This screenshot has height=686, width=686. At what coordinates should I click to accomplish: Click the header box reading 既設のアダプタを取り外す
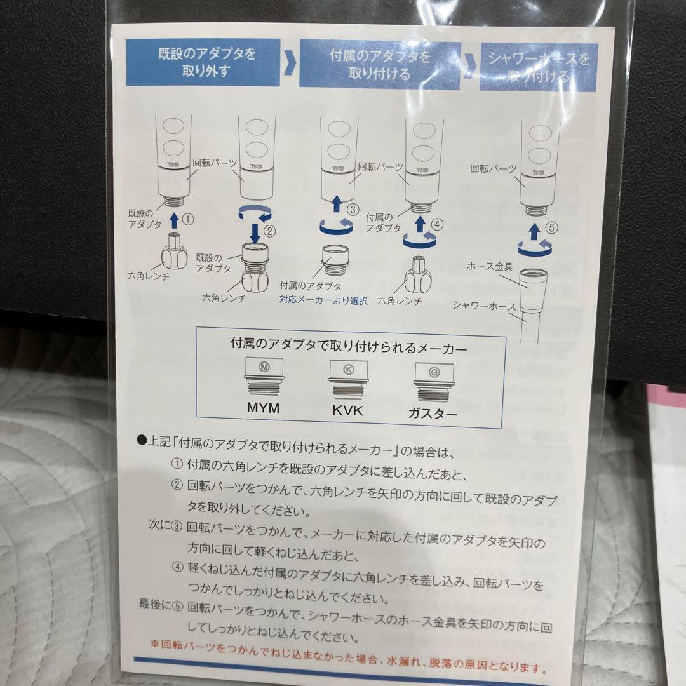tap(203, 62)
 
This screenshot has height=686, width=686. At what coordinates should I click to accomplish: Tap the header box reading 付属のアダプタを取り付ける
tap(379, 65)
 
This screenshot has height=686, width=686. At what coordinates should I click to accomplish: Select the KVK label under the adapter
tap(347, 410)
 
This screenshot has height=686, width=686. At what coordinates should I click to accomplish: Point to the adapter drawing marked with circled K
tap(347, 379)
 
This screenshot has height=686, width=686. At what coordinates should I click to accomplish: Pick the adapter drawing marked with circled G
tap(434, 382)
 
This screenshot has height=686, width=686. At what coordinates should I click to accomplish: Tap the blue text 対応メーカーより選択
tap(323, 300)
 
